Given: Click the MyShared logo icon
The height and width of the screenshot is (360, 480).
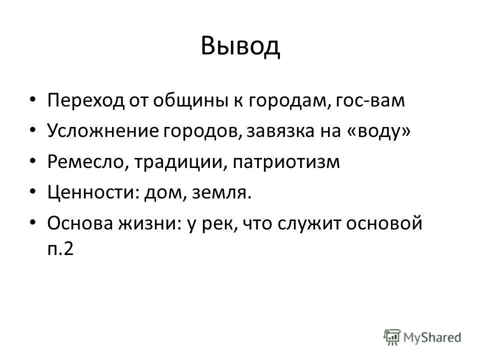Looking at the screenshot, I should tap(392, 336).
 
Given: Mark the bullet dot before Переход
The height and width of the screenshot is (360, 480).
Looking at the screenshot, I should tap(33, 100).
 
